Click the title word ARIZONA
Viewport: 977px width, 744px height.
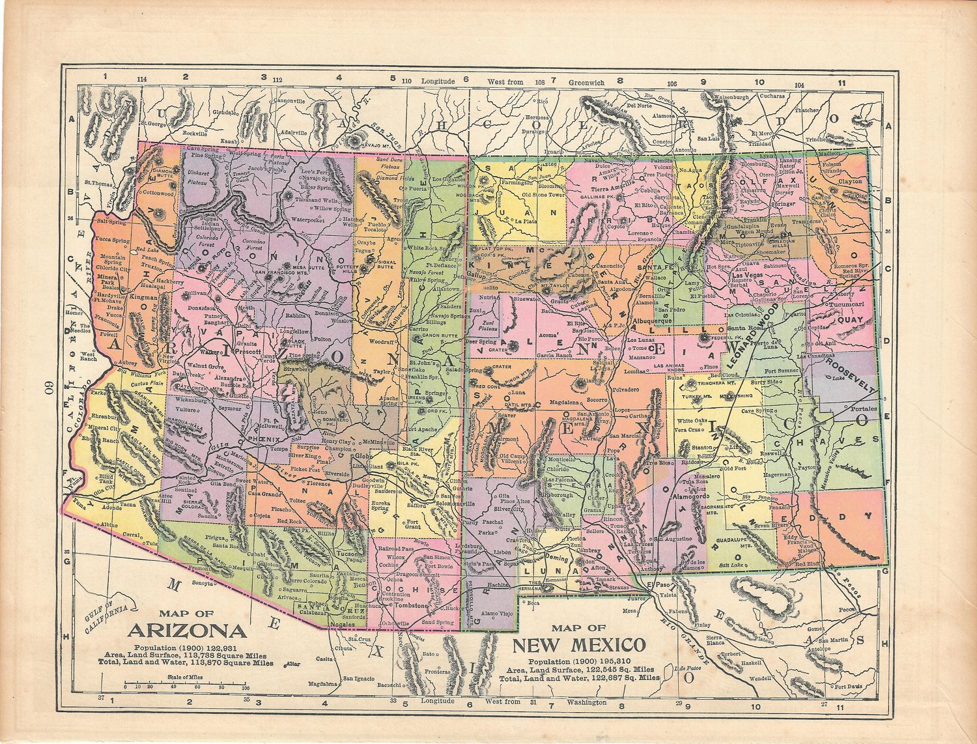[x=188, y=631]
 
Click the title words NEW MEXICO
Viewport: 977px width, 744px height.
[x=579, y=645]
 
